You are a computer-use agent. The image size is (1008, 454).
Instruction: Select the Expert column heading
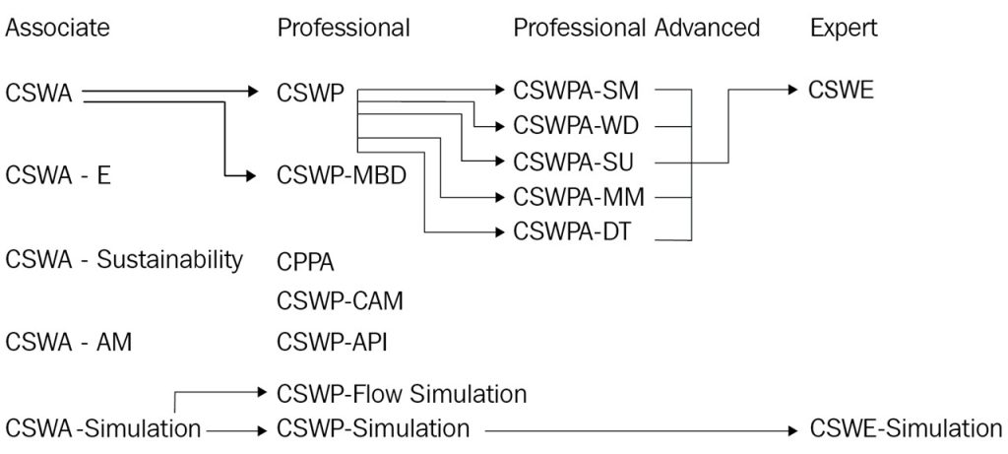click(x=844, y=29)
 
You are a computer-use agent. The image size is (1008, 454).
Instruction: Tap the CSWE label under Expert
click(x=841, y=92)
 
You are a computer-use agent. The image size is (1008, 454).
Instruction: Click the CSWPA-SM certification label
click(x=577, y=92)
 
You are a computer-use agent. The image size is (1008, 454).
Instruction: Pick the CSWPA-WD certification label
click(x=579, y=126)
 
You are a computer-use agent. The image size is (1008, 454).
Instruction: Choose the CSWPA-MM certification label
click(x=579, y=197)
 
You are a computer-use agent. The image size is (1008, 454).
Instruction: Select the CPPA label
click(x=306, y=262)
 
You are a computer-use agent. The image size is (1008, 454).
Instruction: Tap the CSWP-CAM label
click(x=340, y=300)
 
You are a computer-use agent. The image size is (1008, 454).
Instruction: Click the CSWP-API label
click(x=333, y=342)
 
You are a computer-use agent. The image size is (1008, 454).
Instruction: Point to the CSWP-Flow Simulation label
click(x=402, y=394)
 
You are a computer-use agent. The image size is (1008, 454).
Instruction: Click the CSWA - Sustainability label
click(x=124, y=260)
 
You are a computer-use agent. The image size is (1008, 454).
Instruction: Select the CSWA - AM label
click(x=69, y=342)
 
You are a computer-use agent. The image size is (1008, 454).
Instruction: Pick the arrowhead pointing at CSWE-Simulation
click(x=794, y=429)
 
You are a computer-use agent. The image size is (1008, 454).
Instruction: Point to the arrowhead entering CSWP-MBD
click(x=263, y=177)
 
